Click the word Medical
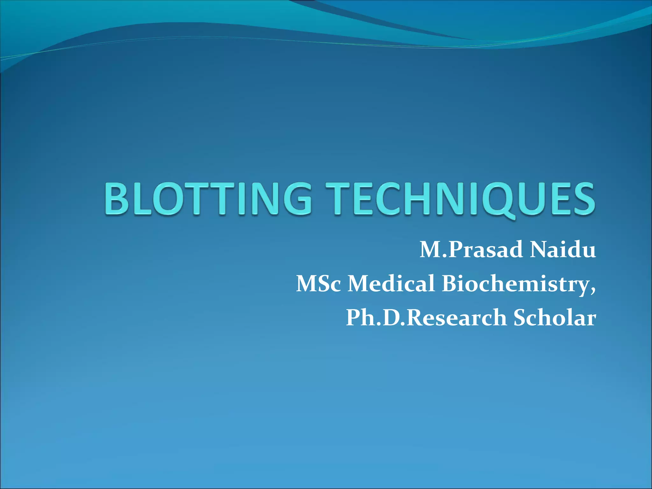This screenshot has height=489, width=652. (x=391, y=283)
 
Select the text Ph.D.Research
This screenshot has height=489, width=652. (x=426, y=318)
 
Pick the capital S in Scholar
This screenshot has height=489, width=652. (x=521, y=317)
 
